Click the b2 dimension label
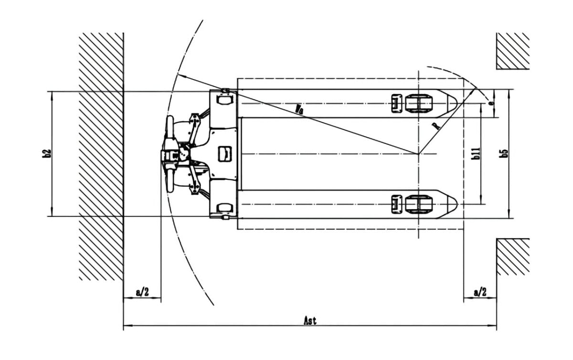[x=46, y=153]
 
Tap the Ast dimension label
[x=310, y=320]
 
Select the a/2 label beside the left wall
[x=142, y=292]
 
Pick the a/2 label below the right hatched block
[x=480, y=292]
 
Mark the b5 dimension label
[x=504, y=153]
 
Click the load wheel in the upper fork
[x=419, y=103]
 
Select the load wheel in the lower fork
[x=419, y=204]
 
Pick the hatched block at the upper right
[x=513, y=51]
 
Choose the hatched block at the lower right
[x=513, y=256]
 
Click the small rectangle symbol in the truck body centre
[x=224, y=153]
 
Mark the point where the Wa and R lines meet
[x=418, y=154]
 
